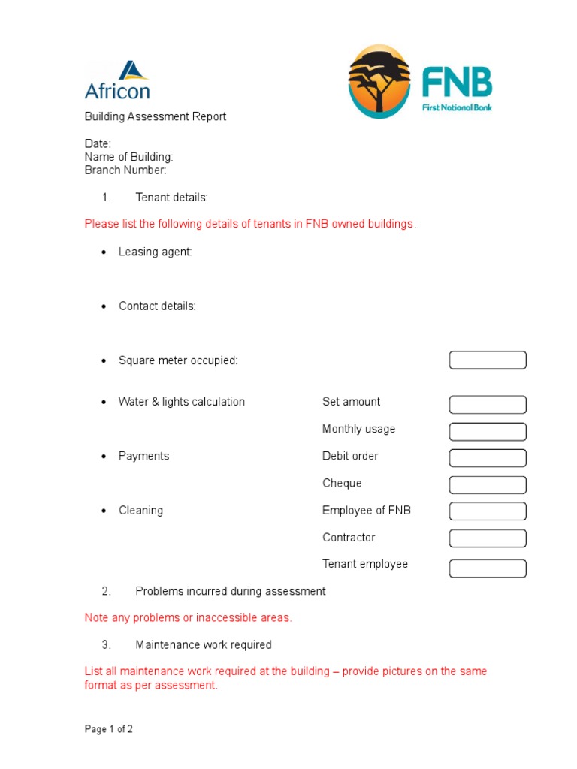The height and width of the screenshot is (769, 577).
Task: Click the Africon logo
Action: click(117, 81)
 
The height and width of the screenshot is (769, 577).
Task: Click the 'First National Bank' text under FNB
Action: click(457, 107)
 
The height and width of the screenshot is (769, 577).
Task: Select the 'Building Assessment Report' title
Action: click(155, 116)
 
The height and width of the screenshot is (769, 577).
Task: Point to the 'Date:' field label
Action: click(98, 143)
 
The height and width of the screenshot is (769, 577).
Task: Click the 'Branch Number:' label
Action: click(125, 170)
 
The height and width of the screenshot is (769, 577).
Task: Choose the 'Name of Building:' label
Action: click(128, 157)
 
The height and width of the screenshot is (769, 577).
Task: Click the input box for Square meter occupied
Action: click(488, 360)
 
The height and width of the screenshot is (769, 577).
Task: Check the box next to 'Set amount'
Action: click(488, 405)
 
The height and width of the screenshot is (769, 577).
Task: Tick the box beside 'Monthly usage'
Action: click(488, 431)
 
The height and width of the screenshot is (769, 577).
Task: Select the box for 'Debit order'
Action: click(488, 458)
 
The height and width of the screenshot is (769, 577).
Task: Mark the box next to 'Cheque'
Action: click(488, 485)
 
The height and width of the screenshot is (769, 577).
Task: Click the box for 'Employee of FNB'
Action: click(488, 511)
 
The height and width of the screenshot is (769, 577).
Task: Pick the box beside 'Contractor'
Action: click(488, 538)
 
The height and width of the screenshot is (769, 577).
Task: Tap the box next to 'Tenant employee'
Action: click(488, 568)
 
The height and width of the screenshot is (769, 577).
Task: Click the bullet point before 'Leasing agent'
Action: click(104, 253)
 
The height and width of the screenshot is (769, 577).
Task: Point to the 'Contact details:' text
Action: click(157, 306)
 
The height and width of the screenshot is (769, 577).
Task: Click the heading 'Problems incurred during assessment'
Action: click(231, 591)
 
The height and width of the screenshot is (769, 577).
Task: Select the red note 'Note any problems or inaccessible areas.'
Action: click(188, 618)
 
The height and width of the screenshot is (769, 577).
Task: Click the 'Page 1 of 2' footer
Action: click(109, 729)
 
